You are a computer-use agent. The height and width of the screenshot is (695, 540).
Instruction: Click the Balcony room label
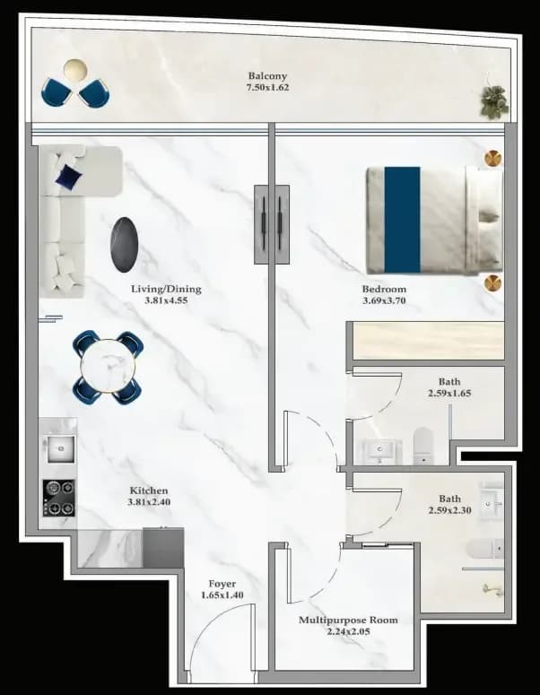tap(267, 76)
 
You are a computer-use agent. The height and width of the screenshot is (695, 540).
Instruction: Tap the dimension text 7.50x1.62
tap(267, 87)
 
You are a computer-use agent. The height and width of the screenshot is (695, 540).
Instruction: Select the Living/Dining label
tap(166, 289)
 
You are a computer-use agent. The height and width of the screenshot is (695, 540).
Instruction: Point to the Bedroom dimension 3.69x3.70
tap(384, 300)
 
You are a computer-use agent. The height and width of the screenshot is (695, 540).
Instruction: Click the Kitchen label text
tap(149, 491)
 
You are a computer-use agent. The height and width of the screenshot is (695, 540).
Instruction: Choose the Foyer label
tap(222, 584)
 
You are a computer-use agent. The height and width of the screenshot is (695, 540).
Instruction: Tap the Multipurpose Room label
tap(348, 620)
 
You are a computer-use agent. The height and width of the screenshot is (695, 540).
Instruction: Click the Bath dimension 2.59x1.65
tap(449, 393)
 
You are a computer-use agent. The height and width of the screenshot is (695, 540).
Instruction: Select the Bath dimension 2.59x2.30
tap(449, 510)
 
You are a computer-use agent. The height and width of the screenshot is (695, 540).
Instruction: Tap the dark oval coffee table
tap(124, 244)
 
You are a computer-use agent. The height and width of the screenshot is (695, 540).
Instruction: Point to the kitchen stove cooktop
tap(59, 499)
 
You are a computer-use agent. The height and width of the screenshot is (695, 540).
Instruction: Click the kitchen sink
tap(61, 449)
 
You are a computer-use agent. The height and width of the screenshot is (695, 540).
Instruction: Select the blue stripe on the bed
tap(402, 220)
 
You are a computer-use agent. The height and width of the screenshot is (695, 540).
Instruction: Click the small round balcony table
tap(75, 71)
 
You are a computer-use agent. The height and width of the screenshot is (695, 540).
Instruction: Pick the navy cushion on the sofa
tap(69, 177)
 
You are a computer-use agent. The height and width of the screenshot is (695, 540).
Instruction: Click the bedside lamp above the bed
tap(492, 158)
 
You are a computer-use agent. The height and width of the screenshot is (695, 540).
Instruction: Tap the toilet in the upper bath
tap(422, 445)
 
